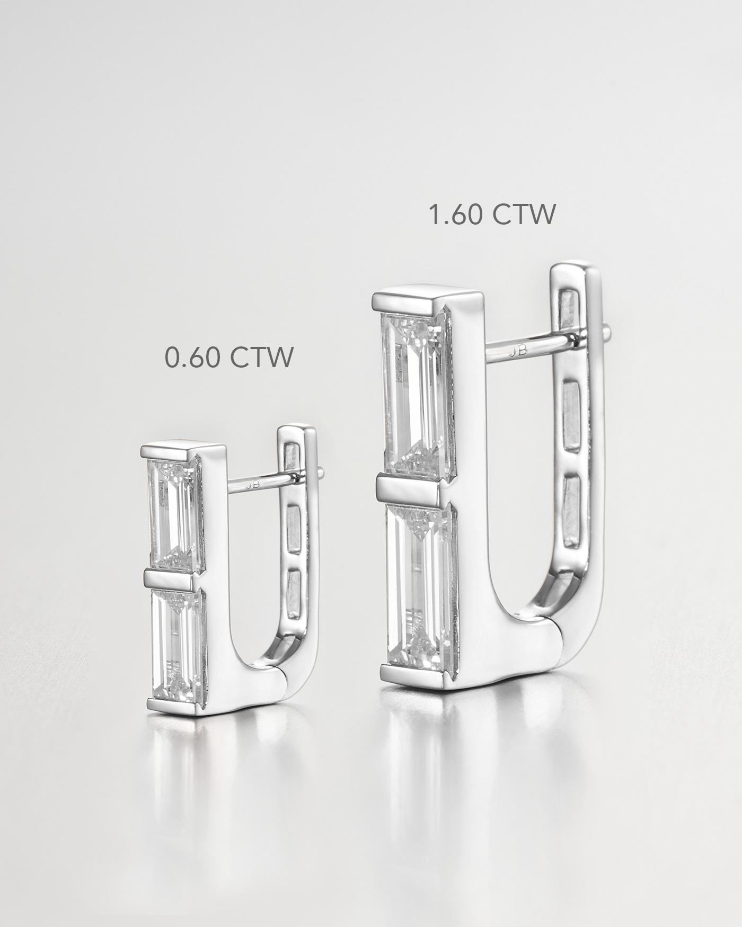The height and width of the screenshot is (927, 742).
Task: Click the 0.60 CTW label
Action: pyautogui.click(x=228, y=358)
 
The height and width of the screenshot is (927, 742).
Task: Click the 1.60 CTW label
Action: pyautogui.click(x=491, y=215)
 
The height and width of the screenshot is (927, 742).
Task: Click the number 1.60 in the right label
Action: pyautogui.click(x=454, y=215)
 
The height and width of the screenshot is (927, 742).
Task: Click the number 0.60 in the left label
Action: pyautogui.click(x=191, y=358)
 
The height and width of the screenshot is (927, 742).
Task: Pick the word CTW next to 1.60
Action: pyautogui.click(x=524, y=215)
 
